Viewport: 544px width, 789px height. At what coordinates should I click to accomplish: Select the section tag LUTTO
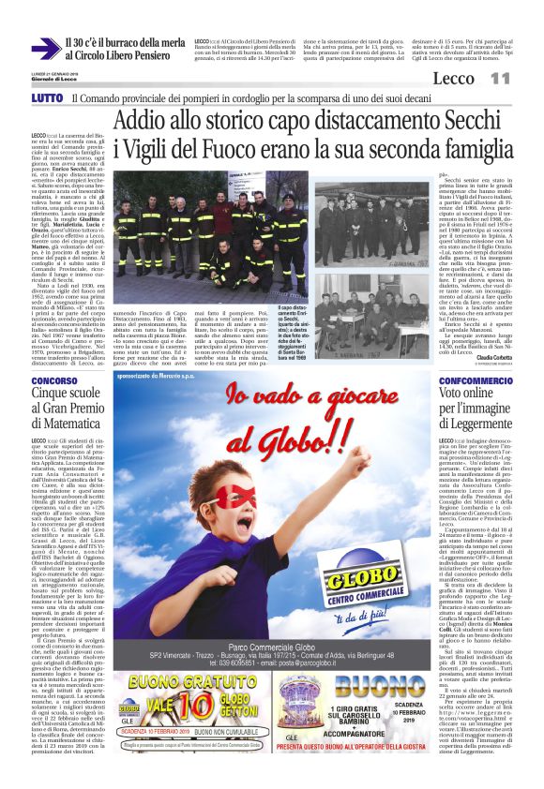pos(47,97)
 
